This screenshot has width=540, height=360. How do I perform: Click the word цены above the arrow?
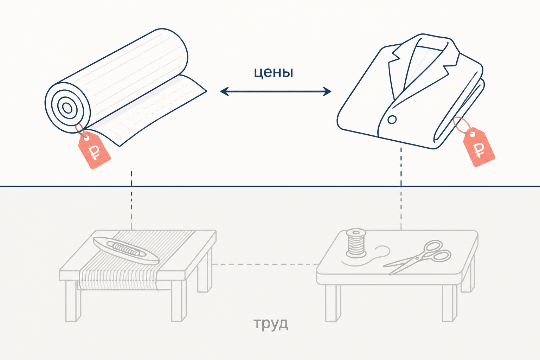pos(274,72)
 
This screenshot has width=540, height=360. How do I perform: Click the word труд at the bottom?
pos(271,323)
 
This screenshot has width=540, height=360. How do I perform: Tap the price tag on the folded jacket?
pos(479,147)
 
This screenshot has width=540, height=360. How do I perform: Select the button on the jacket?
pos(392,120)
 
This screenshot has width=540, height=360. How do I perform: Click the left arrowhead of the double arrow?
pos(224,92)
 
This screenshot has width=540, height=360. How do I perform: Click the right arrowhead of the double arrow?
pos(327,92)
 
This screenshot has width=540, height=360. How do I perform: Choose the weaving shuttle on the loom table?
pos(126,250)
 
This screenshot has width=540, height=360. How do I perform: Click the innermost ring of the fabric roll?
pos(67,108)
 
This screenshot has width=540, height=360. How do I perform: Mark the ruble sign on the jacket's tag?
pos(479,150)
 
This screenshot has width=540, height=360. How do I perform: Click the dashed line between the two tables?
pos(264,264)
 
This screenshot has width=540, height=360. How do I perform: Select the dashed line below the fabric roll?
pos(131,200)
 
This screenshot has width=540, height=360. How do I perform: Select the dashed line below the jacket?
pos(401,186)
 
